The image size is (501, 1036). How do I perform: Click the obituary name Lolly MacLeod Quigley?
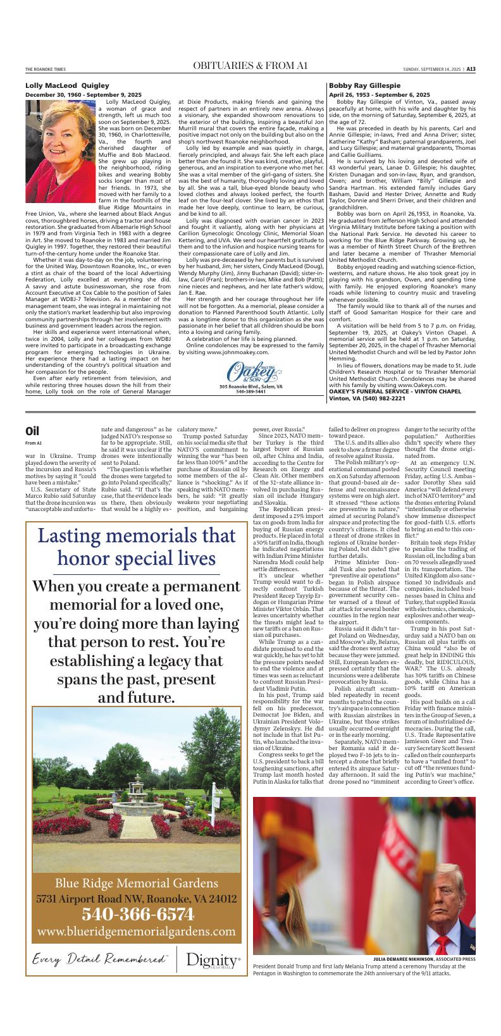(x=68, y=85)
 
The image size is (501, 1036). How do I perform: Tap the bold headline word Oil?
(x=33, y=431)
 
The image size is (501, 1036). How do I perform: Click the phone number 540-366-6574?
(x=137, y=914)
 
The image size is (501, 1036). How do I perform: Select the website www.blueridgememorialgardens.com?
(x=137, y=932)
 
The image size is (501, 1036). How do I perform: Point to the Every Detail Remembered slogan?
(x=99, y=959)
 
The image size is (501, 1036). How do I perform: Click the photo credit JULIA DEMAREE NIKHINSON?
(x=399, y=959)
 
